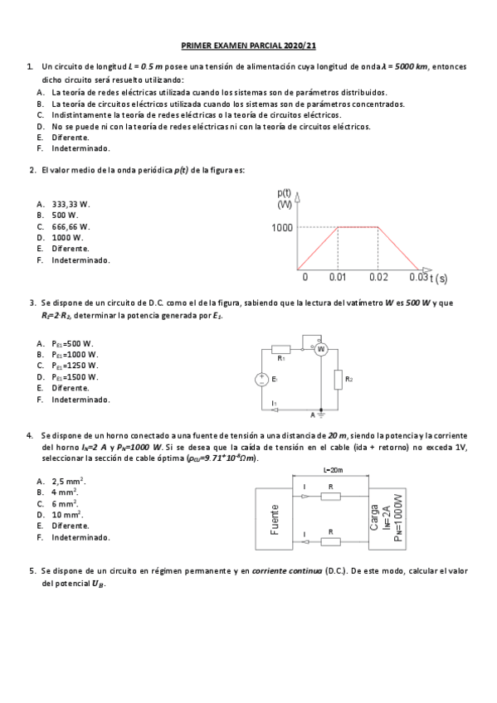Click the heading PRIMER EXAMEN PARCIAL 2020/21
[x=247, y=48]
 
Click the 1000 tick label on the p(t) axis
[x=282, y=227]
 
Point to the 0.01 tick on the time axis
[x=338, y=277]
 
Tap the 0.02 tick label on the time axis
[x=378, y=277]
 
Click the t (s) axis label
[x=439, y=278]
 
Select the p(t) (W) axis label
[x=285, y=198]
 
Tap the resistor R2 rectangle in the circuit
[x=338, y=380]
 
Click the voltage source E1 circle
[x=261, y=379]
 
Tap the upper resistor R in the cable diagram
[x=330, y=496]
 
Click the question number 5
[x=31, y=571]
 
